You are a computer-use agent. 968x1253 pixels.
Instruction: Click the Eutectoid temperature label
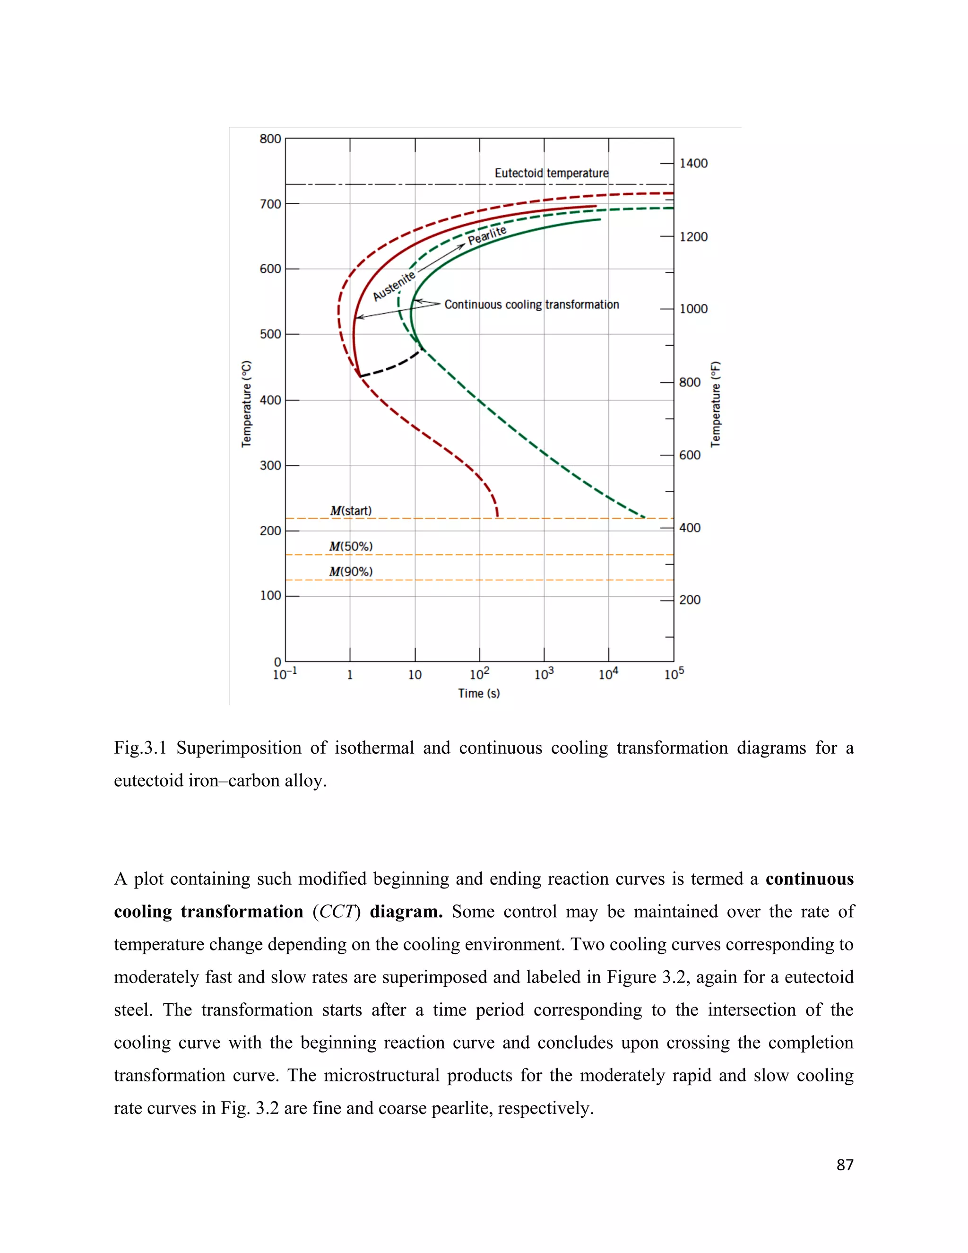point(551,173)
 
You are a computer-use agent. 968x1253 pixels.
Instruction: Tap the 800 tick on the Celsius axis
point(270,139)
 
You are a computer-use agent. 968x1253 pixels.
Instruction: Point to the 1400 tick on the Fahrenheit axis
point(693,164)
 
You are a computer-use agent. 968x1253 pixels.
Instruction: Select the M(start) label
point(350,511)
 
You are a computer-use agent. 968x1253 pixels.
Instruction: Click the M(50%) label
point(350,547)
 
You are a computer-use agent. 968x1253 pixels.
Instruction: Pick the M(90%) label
point(350,572)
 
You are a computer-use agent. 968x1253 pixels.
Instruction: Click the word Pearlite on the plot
point(487,235)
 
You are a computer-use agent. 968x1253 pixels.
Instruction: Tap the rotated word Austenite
point(393,286)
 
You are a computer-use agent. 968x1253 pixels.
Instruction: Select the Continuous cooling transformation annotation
point(532,305)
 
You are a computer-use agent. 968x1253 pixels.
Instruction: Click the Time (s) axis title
point(479,693)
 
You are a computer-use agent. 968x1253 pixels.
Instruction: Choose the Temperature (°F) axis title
point(715,404)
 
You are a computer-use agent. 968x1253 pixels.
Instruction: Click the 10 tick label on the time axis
point(415,675)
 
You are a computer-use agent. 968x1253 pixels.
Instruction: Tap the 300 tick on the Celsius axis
point(270,465)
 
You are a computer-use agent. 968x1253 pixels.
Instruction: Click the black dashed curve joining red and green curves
point(390,366)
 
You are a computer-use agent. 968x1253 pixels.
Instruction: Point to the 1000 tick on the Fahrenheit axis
point(693,309)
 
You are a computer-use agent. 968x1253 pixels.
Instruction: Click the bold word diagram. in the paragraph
point(406,912)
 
